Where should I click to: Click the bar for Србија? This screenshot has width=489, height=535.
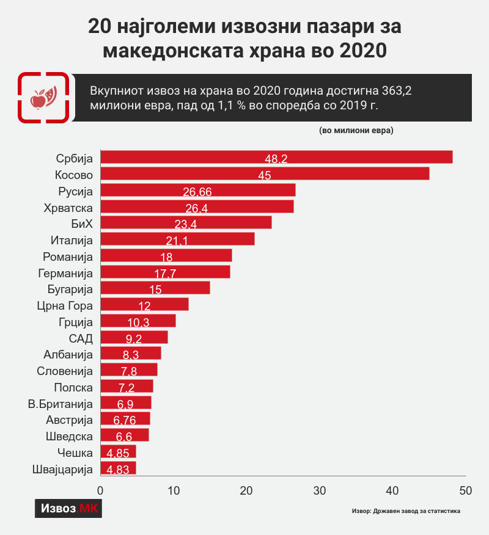click(x=276, y=157)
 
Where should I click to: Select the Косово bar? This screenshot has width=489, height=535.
click(x=265, y=173)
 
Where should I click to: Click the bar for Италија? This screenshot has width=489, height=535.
click(x=177, y=239)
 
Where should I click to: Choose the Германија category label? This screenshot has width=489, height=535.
click(x=65, y=272)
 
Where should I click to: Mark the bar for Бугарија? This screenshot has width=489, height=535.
click(x=155, y=288)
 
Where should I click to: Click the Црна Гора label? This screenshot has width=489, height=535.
click(x=64, y=305)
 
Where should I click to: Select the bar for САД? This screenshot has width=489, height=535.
click(x=134, y=338)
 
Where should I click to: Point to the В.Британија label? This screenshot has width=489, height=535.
click(x=61, y=404)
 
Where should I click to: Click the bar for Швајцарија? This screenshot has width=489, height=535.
click(x=118, y=469)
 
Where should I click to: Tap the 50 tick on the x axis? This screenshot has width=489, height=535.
click(x=466, y=490)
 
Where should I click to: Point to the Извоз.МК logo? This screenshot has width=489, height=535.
click(x=68, y=508)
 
